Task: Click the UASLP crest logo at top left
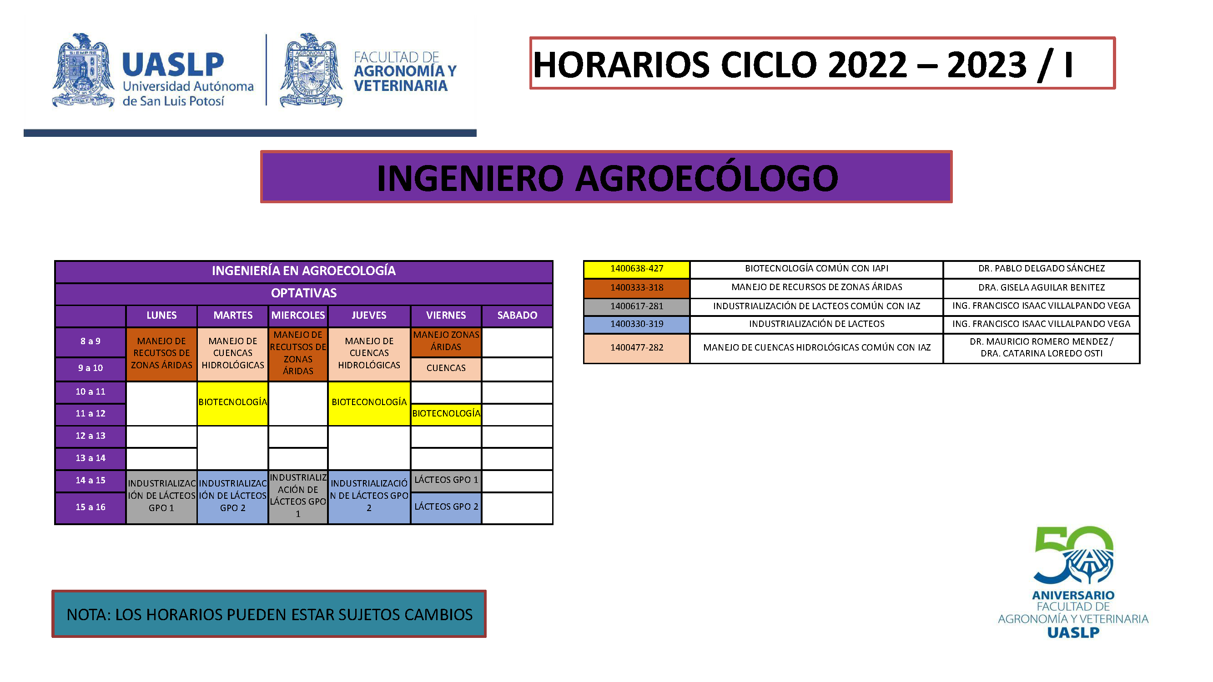pos(83,70)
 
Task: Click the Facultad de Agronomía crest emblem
pos(311,70)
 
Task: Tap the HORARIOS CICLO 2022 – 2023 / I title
pos(802,65)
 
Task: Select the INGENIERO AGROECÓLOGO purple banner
pos(606,177)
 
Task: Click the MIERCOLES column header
pos(298,316)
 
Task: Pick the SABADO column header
pos(517,316)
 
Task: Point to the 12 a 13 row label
pos(91,436)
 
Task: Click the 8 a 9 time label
pos(91,341)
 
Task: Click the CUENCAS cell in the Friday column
pos(446,369)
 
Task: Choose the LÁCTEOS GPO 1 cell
pos(446,481)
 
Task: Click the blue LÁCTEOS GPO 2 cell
pos(446,507)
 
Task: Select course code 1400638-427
pos(637,269)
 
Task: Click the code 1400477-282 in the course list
pos(637,348)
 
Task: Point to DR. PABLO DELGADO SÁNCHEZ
pos(1041,269)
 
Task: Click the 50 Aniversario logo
pos(1073,582)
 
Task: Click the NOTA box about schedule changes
pos(269,614)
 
